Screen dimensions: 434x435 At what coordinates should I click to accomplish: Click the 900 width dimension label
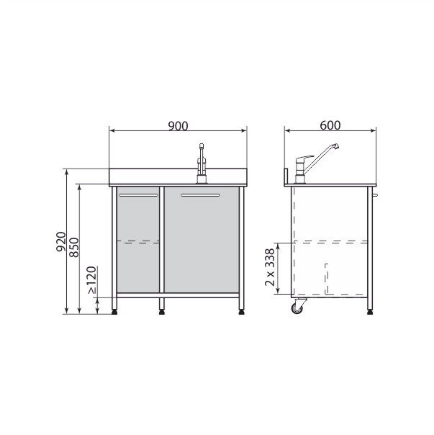coord(178,126)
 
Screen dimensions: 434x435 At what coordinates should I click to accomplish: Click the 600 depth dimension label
coord(330,125)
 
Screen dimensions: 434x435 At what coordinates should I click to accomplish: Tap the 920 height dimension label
coord(61,242)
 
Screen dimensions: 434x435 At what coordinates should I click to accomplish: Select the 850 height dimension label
coord(74,247)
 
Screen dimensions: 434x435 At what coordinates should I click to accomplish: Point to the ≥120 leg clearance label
coord(91,280)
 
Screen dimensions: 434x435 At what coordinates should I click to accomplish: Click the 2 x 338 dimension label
coord(270,267)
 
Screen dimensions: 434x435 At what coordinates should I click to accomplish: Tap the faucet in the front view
coord(202,163)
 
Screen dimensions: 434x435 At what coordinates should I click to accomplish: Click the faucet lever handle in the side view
coord(304,158)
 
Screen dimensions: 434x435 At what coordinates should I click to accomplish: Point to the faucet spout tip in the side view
coord(336,146)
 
